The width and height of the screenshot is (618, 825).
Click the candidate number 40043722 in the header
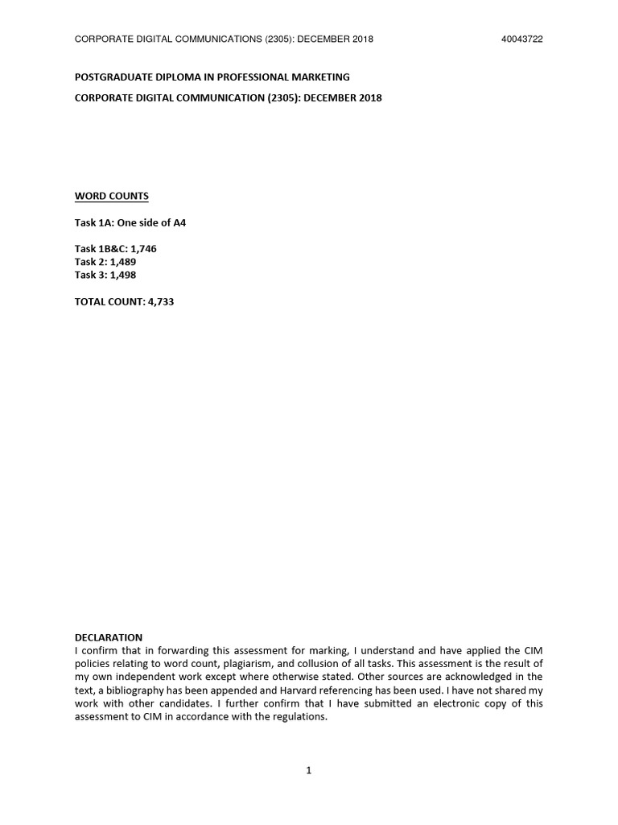[521, 39]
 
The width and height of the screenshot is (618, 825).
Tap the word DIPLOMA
[177, 77]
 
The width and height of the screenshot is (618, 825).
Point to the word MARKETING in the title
[319, 77]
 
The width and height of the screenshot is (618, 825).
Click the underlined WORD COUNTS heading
[112, 196]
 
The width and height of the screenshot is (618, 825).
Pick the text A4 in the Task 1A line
[179, 222]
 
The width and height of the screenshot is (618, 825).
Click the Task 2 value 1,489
[123, 262]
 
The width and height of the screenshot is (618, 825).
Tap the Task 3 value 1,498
[123, 275]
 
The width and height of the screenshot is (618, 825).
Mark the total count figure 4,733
[161, 301]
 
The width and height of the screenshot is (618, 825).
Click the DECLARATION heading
[109, 637]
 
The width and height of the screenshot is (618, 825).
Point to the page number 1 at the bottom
[309, 771]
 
